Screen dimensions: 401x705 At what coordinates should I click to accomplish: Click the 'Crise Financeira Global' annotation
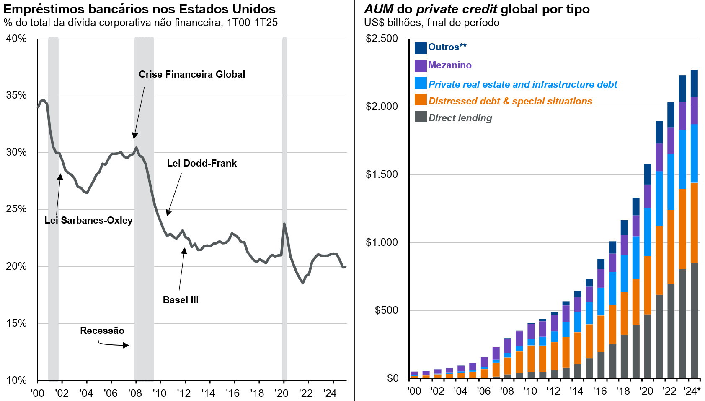click(192, 75)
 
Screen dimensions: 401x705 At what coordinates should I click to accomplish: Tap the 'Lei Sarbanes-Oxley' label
click(88, 221)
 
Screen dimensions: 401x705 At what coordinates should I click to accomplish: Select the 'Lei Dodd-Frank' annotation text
click(201, 164)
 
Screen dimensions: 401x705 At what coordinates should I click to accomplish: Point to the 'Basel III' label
click(181, 300)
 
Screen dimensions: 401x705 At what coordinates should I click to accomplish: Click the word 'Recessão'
click(102, 331)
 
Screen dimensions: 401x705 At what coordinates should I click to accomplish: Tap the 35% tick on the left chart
click(16, 96)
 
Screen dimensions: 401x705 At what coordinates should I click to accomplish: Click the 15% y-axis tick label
click(16, 323)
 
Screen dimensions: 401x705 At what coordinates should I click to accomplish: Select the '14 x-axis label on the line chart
click(208, 393)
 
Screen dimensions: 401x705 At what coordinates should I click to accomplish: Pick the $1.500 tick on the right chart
click(381, 174)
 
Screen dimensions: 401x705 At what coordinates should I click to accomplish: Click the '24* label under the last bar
click(692, 391)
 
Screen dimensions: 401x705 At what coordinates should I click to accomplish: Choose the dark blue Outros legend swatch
click(421, 48)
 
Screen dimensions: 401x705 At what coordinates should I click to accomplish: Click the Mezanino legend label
click(449, 65)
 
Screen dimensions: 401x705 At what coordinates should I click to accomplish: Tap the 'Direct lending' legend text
click(460, 118)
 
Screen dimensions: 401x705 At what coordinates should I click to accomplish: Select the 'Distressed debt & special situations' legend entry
click(510, 102)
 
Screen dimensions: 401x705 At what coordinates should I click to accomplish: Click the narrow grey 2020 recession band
click(284, 210)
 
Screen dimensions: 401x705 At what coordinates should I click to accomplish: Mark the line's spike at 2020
click(284, 224)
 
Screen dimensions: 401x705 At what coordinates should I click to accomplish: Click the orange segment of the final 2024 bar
click(694, 222)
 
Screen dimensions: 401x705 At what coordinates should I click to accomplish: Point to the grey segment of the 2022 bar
click(671, 331)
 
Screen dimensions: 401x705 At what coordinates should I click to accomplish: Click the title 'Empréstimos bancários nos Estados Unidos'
click(139, 9)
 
